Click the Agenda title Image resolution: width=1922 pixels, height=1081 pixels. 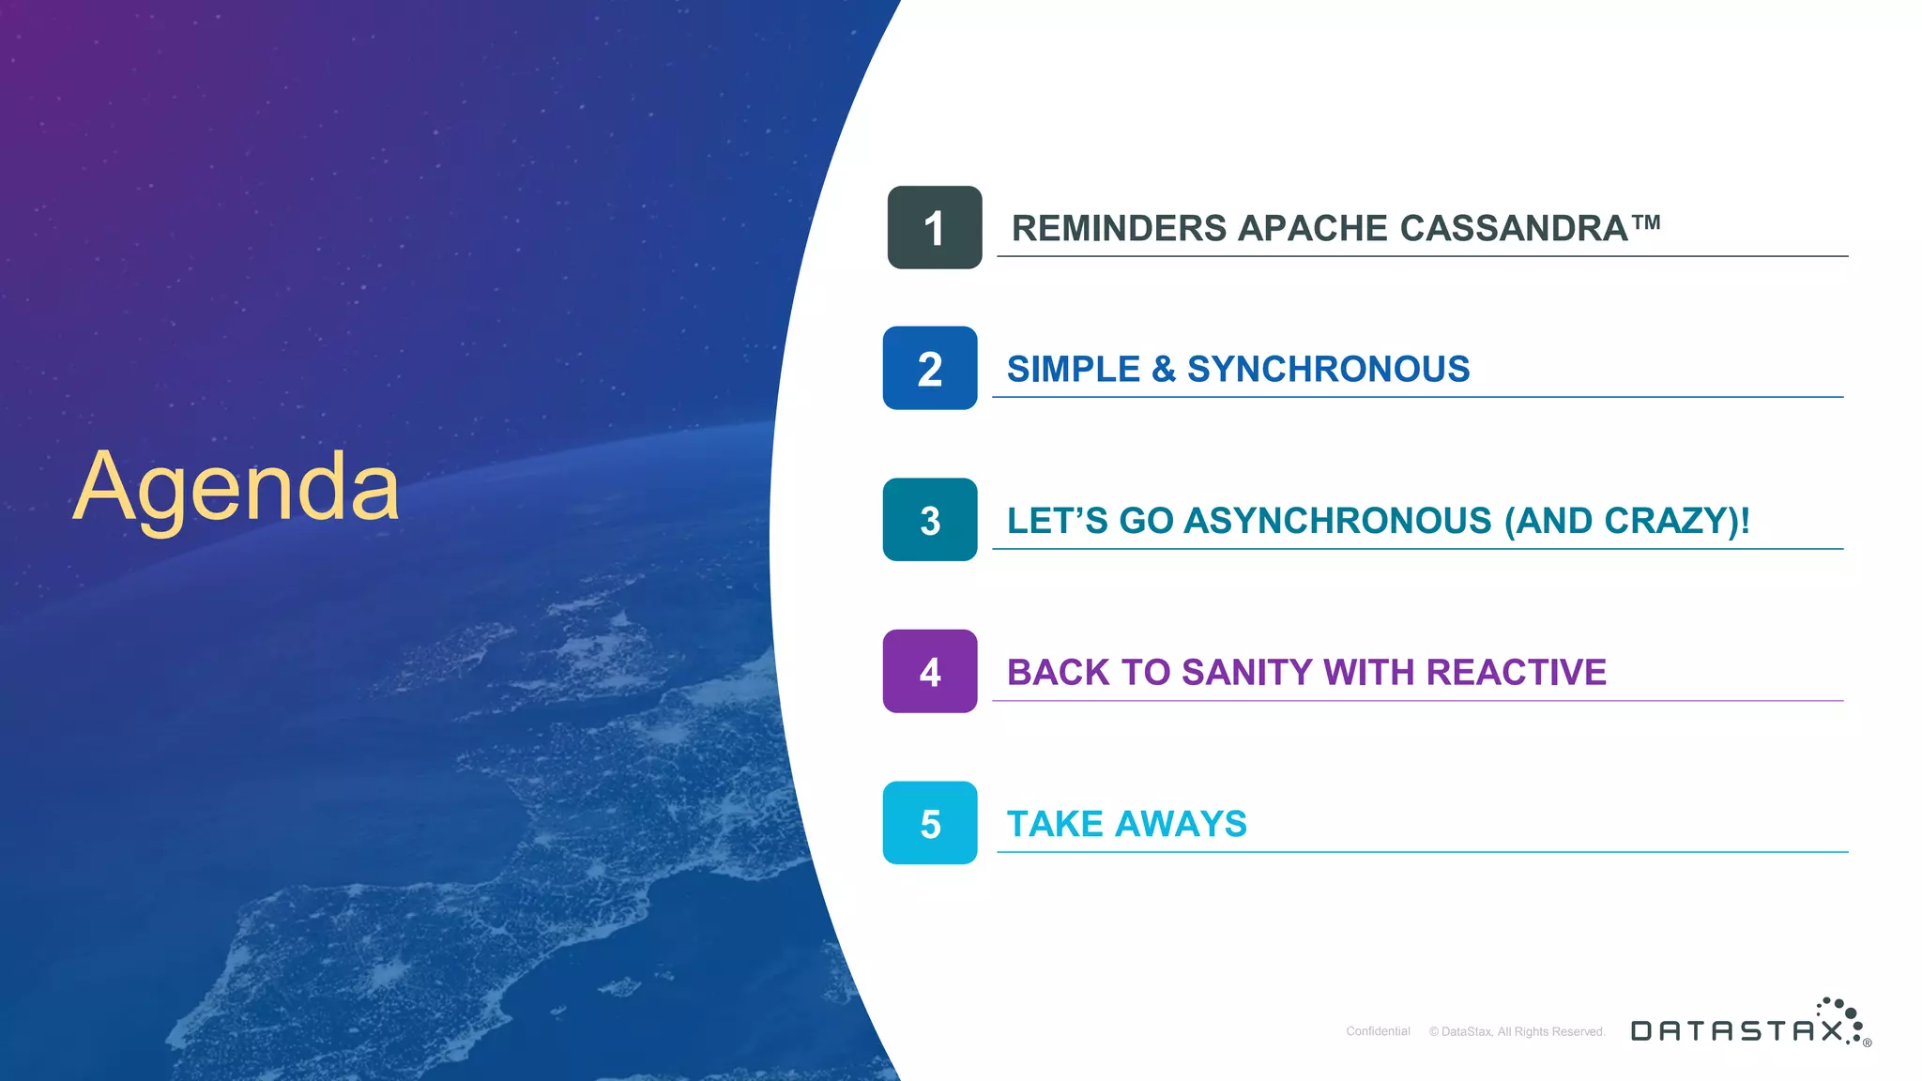236,487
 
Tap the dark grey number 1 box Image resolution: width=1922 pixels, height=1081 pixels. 935,228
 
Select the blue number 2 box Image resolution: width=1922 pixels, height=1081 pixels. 930,369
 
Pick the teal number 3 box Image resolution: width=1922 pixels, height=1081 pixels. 930,520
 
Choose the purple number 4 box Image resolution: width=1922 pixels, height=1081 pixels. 930,672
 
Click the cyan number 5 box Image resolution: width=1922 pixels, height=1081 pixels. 930,823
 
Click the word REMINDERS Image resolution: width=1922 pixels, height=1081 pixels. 1119,229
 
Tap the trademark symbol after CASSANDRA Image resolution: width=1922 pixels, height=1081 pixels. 1646,222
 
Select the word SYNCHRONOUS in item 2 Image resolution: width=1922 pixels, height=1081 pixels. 1328,370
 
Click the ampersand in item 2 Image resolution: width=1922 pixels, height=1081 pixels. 1163,370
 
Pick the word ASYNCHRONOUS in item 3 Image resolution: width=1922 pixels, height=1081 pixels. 1337,521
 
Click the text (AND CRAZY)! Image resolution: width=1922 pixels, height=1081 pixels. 1626,521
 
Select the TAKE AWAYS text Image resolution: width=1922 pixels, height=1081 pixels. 1126,824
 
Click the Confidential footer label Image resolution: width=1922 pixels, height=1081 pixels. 1378,1031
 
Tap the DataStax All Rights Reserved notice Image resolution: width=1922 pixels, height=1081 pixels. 1517,1031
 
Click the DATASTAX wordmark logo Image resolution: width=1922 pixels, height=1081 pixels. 1736,1031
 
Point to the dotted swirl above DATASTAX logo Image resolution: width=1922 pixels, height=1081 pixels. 1842,1015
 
